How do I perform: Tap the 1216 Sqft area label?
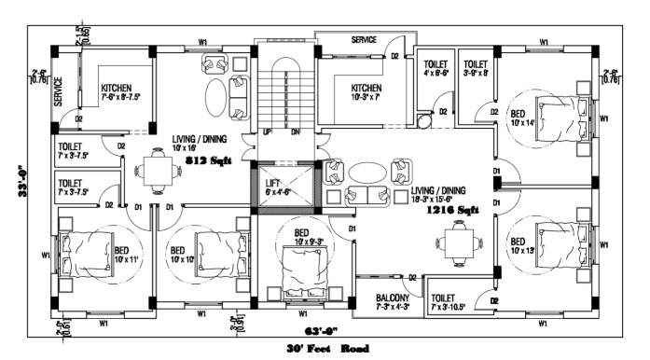coord(453,211)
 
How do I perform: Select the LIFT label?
coord(273,183)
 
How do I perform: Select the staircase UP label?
coord(267,132)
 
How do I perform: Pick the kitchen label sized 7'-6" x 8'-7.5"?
coord(120,92)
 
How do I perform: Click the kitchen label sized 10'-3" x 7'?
coord(366,92)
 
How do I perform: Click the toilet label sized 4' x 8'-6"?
coord(431,67)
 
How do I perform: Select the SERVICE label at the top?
coord(364,40)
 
